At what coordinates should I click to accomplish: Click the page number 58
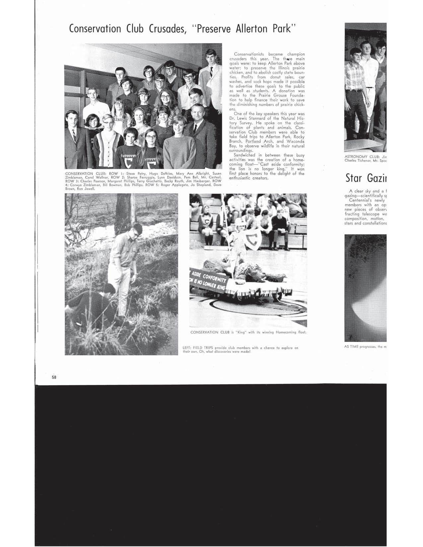click(54, 377)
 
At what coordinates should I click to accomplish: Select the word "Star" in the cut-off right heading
click(354, 178)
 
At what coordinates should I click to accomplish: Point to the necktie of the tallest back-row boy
click(211, 72)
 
